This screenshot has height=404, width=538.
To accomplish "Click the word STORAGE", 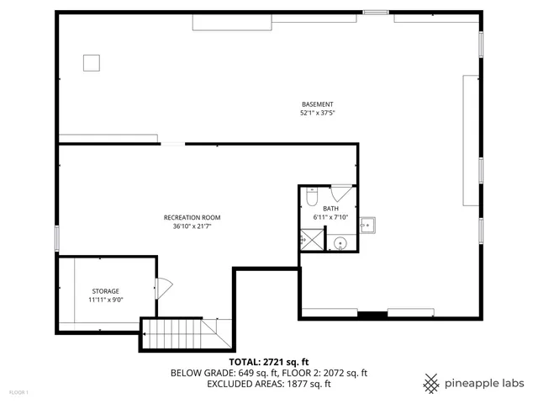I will point(106,291).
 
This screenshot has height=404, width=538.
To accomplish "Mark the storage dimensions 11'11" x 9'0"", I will point(106,300).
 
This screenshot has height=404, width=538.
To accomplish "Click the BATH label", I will point(330,209).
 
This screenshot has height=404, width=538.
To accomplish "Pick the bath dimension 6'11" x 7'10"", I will point(330,217).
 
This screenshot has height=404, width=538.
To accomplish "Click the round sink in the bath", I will point(340,244).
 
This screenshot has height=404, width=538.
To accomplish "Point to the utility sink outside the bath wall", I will point(367,226).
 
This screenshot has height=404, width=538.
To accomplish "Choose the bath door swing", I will point(341,192).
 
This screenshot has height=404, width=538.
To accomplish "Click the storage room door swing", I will point(163,287).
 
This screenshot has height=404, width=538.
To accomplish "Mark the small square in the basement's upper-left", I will point(91,62).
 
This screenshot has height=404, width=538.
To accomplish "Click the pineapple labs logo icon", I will point(431,382).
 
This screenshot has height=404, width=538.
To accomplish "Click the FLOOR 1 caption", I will point(18,392).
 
